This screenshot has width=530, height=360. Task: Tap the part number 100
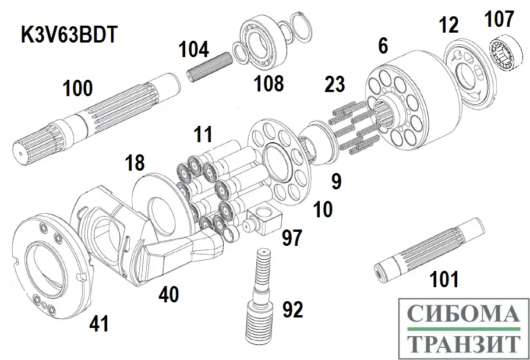(77, 89)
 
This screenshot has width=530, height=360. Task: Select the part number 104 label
(193, 50)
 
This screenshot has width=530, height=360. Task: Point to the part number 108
(268, 84)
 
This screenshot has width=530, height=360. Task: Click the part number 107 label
(500, 20)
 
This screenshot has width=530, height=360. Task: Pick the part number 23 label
(334, 86)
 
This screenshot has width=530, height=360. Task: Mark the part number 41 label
(98, 323)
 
